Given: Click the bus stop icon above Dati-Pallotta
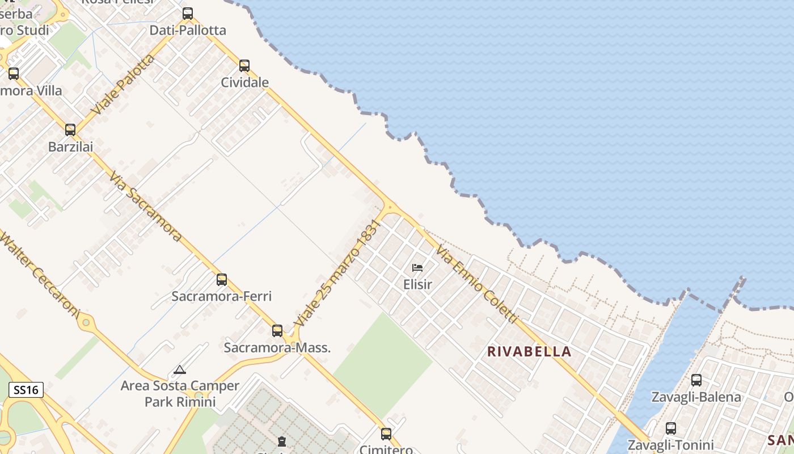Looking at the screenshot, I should tap(188, 14).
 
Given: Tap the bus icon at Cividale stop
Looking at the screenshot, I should tap(244, 66).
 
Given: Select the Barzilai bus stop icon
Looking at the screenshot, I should tap(70, 130).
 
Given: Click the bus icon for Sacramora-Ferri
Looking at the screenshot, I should tap(222, 279).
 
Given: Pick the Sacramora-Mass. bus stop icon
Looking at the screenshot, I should tap(277, 330).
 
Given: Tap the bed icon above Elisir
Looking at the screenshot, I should tap(417, 267).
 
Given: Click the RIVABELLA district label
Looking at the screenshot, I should tap(530, 351).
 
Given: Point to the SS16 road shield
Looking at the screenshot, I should tap(26, 390).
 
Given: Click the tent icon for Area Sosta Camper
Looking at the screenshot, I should tap(180, 370).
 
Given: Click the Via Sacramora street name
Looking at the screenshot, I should tap(146, 207).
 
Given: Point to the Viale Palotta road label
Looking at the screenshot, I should tap(123, 85).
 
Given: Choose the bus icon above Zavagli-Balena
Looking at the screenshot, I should tap(696, 380).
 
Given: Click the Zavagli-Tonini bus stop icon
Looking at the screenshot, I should tap(671, 428).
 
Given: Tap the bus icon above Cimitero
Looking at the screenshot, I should tap(386, 434).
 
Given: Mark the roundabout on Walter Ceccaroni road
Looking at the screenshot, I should tap(86, 323).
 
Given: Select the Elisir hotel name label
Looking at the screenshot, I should tap(417, 284).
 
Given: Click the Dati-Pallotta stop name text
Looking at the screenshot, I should tap(188, 30).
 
